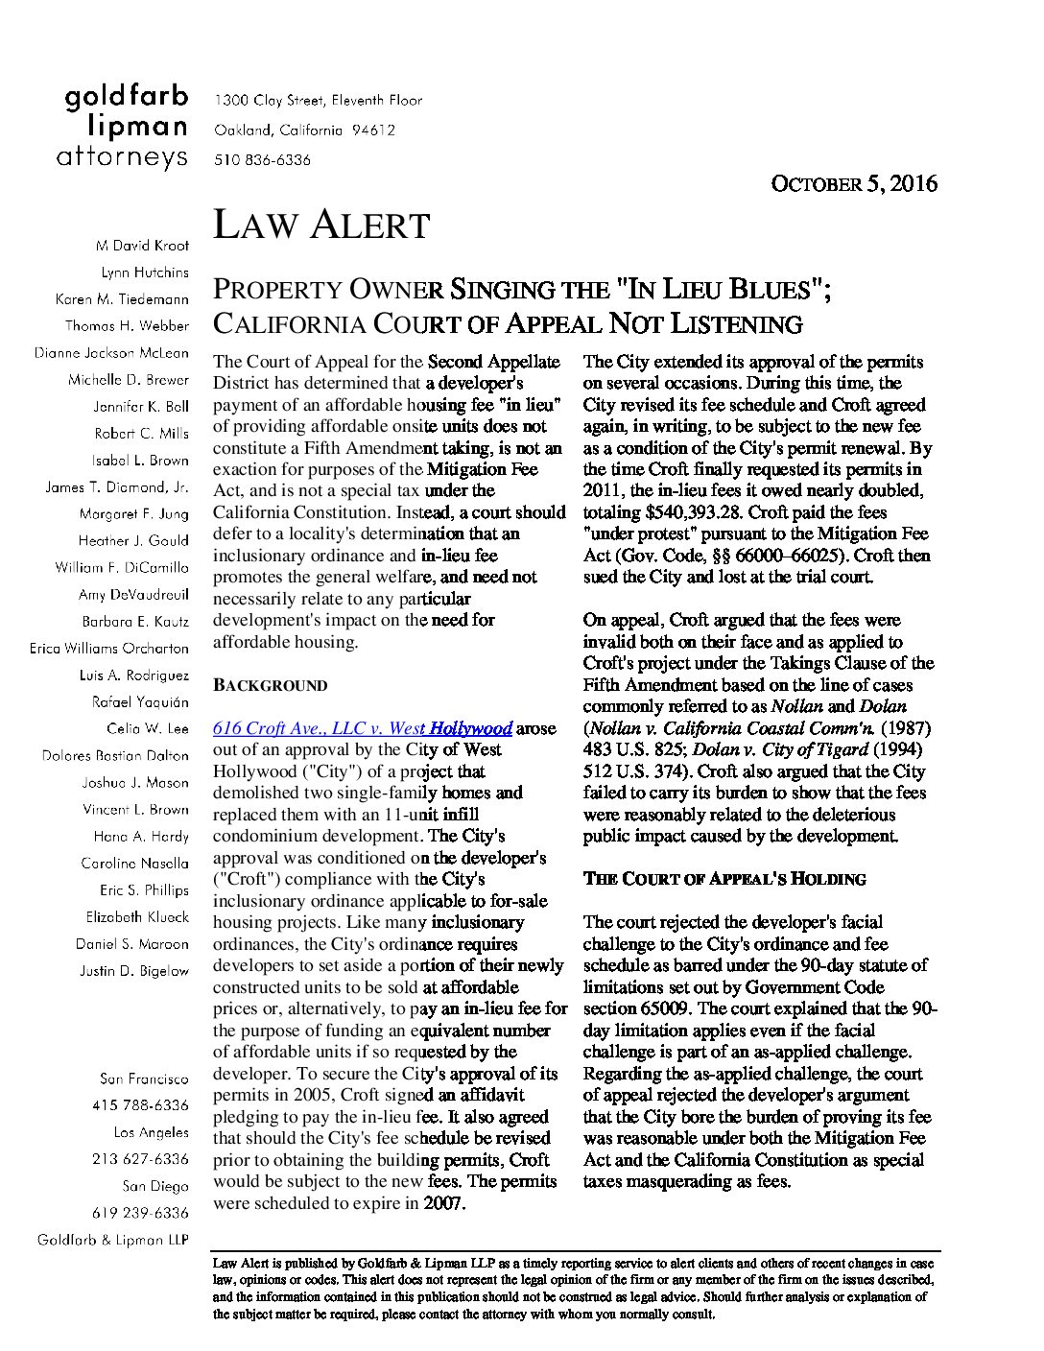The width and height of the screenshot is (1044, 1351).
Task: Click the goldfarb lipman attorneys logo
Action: pyautogui.click(x=126, y=127)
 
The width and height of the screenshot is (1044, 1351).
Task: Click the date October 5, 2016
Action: pyautogui.click(x=854, y=184)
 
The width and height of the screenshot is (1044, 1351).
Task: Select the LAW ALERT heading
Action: pyautogui.click(x=320, y=225)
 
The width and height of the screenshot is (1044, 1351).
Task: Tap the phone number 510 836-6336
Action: pyautogui.click(x=262, y=160)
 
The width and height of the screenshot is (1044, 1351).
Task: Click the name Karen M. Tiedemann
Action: pyautogui.click(x=122, y=299)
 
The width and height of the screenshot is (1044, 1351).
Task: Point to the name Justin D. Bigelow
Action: pyautogui.click(x=134, y=971)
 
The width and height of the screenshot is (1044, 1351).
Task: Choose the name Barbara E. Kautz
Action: pyautogui.click(x=135, y=622)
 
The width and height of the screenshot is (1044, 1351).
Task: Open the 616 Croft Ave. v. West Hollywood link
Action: pyautogui.click(x=362, y=728)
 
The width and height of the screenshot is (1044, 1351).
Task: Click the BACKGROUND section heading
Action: pyautogui.click(x=270, y=686)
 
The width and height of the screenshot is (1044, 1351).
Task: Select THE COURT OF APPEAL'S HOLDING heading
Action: pyautogui.click(x=724, y=879)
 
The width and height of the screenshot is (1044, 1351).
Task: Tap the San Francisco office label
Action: pyautogui.click(x=144, y=1078)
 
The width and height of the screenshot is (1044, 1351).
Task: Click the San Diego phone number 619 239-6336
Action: pyautogui.click(x=140, y=1213)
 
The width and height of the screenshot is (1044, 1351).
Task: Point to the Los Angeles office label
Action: pyautogui.click(x=151, y=1132)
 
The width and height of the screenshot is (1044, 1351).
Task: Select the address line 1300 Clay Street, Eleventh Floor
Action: pyautogui.click(x=318, y=100)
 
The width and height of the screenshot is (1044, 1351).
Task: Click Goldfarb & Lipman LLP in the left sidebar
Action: pyautogui.click(x=113, y=1240)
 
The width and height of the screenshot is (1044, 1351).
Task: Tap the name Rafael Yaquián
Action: pyautogui.click(x=140, y=702)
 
